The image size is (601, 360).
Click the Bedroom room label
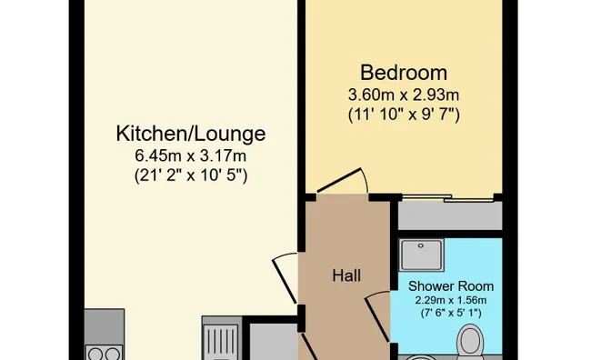(404, 73)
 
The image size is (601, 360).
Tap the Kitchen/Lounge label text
(191, 134)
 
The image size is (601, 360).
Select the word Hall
(346, 275)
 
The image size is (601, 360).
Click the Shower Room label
(451, 286)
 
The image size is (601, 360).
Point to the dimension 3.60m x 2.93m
(404, 95)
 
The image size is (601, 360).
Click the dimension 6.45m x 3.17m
(191, 156)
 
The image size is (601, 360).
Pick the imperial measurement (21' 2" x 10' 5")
(191, 175)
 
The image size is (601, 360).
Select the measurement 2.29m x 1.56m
(451, 300)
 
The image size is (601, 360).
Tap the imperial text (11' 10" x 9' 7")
(404, 115)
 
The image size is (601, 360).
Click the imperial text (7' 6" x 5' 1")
(451, 314)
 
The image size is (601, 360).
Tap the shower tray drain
(421, 245)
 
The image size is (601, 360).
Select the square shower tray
(421, 255)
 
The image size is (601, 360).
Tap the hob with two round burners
(105, 353)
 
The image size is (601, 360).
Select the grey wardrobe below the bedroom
(450, 215)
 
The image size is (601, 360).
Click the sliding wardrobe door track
(447, 198)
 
